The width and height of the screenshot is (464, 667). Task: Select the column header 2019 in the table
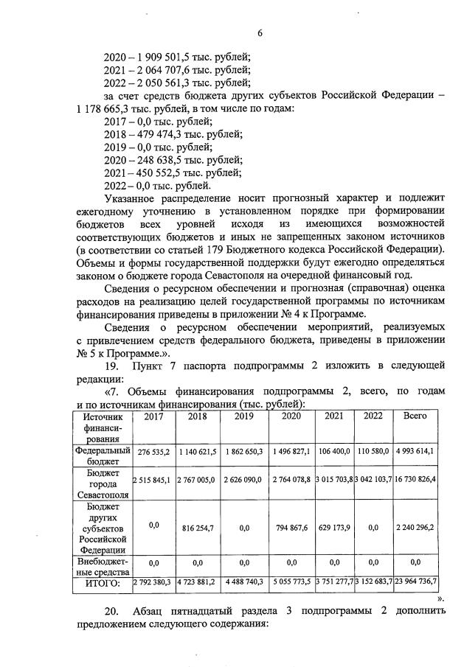pyautogui.click(x=243, y=416)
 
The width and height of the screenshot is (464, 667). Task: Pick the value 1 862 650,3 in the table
pyautogui.click(x=243, y=451)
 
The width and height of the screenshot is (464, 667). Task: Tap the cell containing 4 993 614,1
pyautogui.click(x=415, y=451)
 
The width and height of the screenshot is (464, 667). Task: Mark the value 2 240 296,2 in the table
pyautogui.click(x=415, y=528)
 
